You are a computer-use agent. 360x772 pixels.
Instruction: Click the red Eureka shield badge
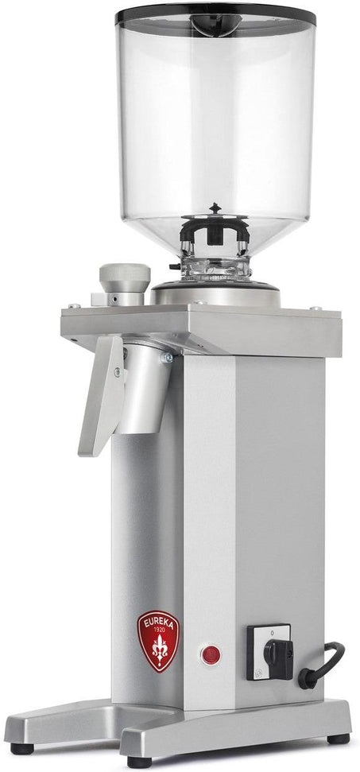tap(158, 641)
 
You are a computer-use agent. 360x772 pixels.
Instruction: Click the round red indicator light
tap(211, 654)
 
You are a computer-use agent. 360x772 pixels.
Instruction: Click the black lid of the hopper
tap(215, 15)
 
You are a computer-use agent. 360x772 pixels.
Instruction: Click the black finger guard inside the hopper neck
tap(215, 226)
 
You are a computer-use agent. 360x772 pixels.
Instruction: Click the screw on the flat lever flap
tap(116, 371)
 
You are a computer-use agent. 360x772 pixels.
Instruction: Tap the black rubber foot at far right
tap(338, 738)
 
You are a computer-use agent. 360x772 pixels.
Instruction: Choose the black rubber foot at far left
tap(21, 747)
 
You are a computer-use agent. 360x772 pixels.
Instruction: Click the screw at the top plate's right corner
tap(316, 308)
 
